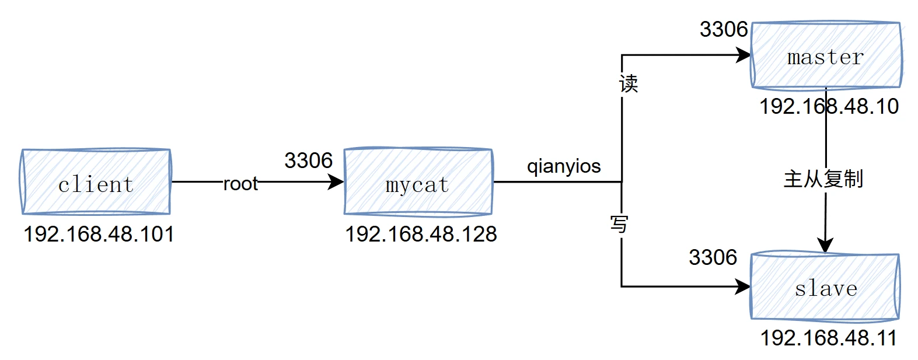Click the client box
click(96, 182)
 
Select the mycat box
click(418, 182)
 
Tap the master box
click(826, 55)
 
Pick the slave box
click(825, 286)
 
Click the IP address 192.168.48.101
click(99, 235)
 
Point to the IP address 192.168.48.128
click(421, 235)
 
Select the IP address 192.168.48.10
click(829, 107)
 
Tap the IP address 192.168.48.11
click(828, 338)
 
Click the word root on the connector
click(240, 184)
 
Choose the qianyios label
click(564, 166)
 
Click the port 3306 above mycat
click(308, 160)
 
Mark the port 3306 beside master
click(724, 29)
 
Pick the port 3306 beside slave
click(713, 257)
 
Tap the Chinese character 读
click(629, 84)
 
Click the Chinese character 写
click(619, 223)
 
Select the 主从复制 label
click(823, 179)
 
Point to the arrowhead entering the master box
click(744, 55)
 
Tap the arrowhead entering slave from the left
click(743, 286)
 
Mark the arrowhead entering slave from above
click(825, 246)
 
